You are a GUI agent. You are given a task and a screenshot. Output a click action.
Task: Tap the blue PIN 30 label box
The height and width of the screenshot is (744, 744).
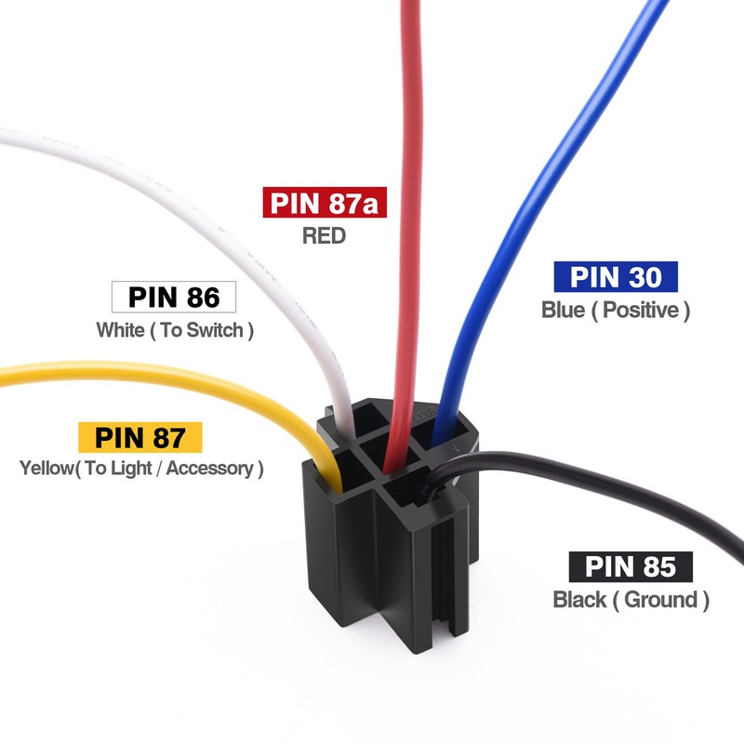[x=615, y=277]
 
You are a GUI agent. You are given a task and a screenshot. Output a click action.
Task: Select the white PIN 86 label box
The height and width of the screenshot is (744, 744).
[x=174, y=298]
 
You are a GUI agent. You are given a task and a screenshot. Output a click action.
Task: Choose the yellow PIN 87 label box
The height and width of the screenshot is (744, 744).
[x=139, y=436]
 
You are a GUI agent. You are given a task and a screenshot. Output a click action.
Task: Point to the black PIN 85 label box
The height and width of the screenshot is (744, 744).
[x=631, y=566]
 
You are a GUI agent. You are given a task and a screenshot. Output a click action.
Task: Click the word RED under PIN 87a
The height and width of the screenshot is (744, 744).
[x=324, y=235]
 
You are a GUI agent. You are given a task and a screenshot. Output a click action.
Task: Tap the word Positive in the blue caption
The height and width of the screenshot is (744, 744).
[x=642, y=310]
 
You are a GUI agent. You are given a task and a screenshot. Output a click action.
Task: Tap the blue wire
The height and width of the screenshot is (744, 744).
[x=558, y=186]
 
